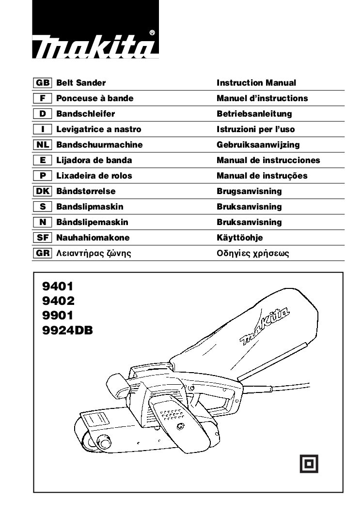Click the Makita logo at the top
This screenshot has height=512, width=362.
[x=95, y=30]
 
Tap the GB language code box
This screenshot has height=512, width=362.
[x=43, y=83]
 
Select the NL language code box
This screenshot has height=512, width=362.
[x=43, y=145]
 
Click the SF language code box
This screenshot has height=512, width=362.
[x=43, y=238]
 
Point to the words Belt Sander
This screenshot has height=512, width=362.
[x=81, y=83]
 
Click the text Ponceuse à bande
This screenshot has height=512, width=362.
[x=95, y=98]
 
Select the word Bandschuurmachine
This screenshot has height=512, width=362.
[x=99, y=145]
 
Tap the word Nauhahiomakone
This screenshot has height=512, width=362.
[x=93, y=238]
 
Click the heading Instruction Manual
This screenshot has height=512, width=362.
[x=256, y=83]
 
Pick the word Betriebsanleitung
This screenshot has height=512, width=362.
[x=254, y=114]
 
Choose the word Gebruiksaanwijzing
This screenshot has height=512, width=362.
[x=258, y=145]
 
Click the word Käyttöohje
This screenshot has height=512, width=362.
[x=240, y=238]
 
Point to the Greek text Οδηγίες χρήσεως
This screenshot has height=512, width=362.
[x=253, y=254]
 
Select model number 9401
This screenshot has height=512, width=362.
[x=58, y=286]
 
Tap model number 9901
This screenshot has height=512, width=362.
[x=58, y=316]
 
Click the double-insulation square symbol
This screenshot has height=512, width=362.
[x=309, y=464]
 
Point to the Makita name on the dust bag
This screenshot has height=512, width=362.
[x=265, y=327]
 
